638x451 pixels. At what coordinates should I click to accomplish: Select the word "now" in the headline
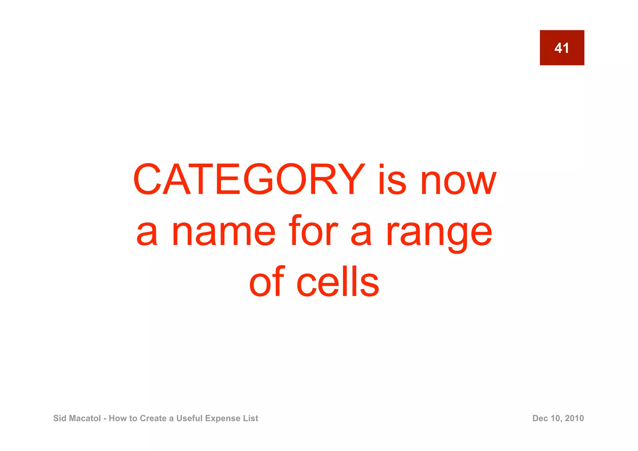[x=458, y=182]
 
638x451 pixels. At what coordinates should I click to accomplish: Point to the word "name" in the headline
[x=224, y=232]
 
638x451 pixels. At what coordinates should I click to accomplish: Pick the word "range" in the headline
[x=439, y=234]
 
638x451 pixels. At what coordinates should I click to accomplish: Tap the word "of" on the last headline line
[x=267, y=282]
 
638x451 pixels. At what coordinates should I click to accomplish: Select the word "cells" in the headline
[x=338, y=282]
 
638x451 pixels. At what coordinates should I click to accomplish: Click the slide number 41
[x=562, y=48]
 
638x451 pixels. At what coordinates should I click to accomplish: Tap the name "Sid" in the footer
[x=60, y=418]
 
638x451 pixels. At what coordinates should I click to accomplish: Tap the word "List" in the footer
[x=251, y=418]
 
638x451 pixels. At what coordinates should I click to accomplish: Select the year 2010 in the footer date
[x=574, y=418]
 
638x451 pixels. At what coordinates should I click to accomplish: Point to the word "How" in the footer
[x=116, y=418]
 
